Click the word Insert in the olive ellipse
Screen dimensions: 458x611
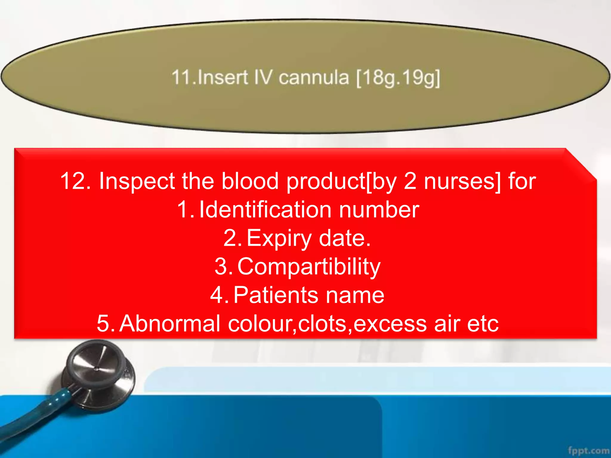pos(223,77)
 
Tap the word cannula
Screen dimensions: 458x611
pos(314,78)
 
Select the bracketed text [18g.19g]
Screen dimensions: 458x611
pos(398,78)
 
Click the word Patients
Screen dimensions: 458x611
pos(276,295)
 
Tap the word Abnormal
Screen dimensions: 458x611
pos(170,323)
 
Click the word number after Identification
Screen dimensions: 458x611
pos(379,210)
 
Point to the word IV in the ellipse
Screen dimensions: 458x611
pos(263,77)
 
